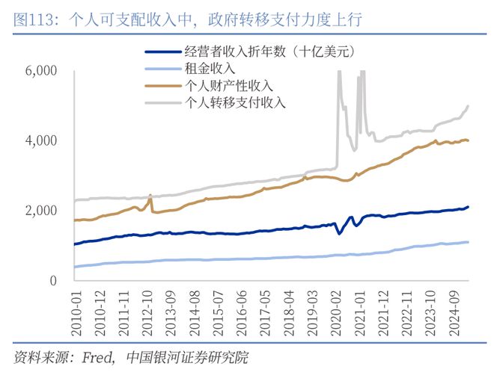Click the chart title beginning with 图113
click(188, 19)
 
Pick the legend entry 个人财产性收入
click(228, 85)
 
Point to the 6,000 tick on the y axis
click(42, 71)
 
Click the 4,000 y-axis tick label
click(42, 140)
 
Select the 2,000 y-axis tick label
click(42, 211)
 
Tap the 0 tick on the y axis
click(52, 281)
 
